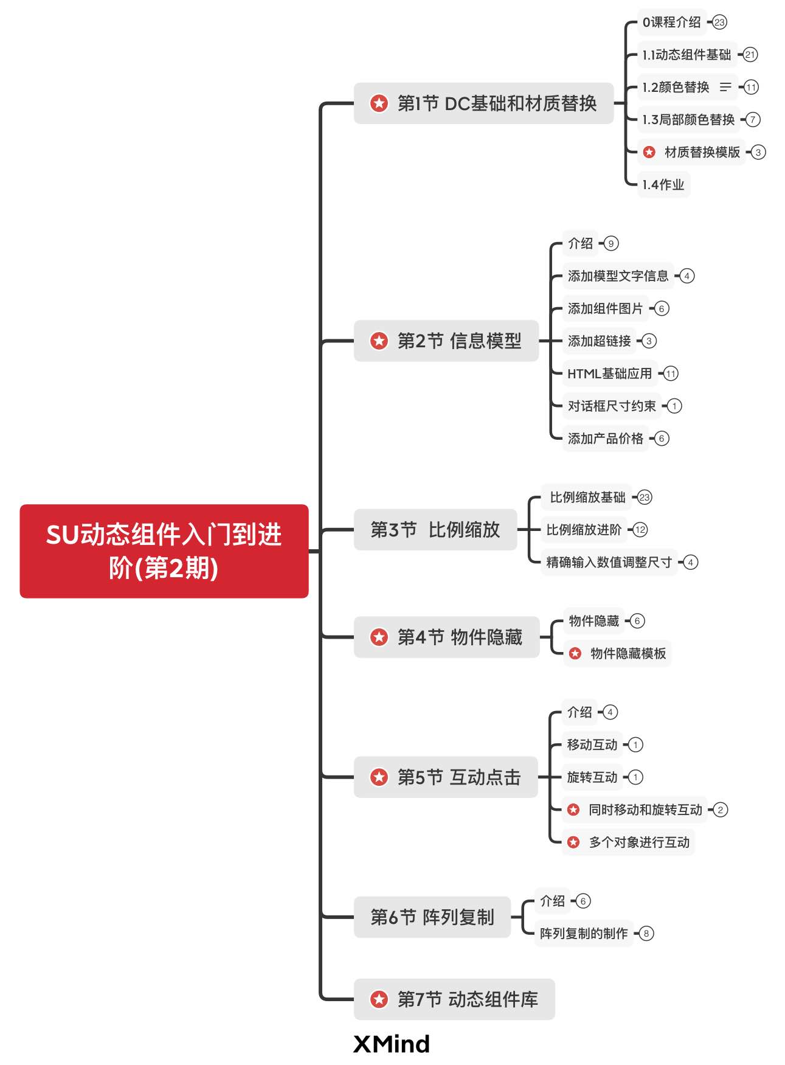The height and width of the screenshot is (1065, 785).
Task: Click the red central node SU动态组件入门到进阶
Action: pyautogui.click(x=164, y=551)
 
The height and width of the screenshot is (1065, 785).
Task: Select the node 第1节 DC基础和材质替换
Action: pyautogui.click(x=483, y=103)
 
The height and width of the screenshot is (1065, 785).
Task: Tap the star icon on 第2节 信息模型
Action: pyautogui.click(x=379, y=341)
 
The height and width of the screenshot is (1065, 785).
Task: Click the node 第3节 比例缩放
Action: pyautogui.click(x=435, y=530)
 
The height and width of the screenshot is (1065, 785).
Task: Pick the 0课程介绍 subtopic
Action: pyautogui.click(x=671, y=23)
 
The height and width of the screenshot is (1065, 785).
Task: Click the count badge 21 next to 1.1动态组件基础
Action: pyautogui.click(x=750, y=55)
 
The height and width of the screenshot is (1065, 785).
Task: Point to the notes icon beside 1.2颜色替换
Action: pyautogui.click(x=725, y=87)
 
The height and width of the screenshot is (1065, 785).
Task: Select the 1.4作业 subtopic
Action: pyautogui.click(x=663, y=184)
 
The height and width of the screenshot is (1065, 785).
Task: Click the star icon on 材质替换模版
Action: pyautogui.click(x=649, y=152)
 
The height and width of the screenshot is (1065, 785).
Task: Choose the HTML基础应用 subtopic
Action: pyautogui.click(x=609, y=373)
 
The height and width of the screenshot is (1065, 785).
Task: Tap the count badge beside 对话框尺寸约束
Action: pyautogui.click(x=674, y=406)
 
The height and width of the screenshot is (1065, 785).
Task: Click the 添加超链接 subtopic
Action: pyautogui.click(x=599, y=341)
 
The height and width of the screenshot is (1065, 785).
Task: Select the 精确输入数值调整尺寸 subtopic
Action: pyautogui.click(x=609, y=562)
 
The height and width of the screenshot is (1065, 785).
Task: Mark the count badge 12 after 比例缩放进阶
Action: pyautogui.click(x=640, y=530)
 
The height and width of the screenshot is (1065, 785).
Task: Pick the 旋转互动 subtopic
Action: pyautogui.click(x=592, y=777)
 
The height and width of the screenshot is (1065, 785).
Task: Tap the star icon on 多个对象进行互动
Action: pyautogui.click(x=573, y=842)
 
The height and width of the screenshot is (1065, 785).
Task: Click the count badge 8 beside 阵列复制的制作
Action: pyautogui.click(x=646, y=933)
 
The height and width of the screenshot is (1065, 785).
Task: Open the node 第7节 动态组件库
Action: pyautogui.click(x=454, y=999)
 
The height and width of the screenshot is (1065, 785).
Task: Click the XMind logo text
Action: pyautogui.click(x=392, y=1044)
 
